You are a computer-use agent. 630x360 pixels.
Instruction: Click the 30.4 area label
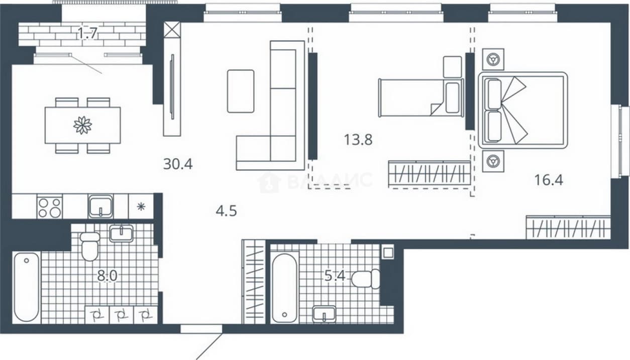[178, 164]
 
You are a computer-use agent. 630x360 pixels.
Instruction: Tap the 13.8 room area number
[358, 140]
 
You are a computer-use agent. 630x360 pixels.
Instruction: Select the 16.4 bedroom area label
[549, 180]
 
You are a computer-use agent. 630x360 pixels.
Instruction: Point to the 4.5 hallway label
[227, 211]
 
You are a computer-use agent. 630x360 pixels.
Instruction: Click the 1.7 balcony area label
[87, 33]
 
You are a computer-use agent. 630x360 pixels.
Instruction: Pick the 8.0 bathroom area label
[107, 276]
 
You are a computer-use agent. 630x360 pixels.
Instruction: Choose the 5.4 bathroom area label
[335, 276]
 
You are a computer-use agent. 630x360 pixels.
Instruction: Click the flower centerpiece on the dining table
[83, 126]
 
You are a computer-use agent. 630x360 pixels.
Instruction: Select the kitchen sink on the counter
[100, 206]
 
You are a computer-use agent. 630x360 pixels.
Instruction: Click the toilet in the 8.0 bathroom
[90, 247]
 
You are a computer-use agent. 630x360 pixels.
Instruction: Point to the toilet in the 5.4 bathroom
[366, 279]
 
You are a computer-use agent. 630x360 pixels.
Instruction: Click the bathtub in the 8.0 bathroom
[27, 287]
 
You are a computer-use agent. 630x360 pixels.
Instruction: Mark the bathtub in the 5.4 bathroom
[284, 288]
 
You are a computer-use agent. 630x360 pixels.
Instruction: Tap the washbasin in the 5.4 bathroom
[324, 314]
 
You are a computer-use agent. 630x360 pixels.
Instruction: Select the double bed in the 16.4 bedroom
[523, 110]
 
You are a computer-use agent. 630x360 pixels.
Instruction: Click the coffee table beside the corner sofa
[241, 91]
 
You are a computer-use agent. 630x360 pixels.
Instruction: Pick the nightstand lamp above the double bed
[493, 59]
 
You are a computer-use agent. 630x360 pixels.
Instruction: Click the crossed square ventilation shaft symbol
[172, 30]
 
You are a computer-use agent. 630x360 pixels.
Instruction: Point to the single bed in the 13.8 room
[421, 97]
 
